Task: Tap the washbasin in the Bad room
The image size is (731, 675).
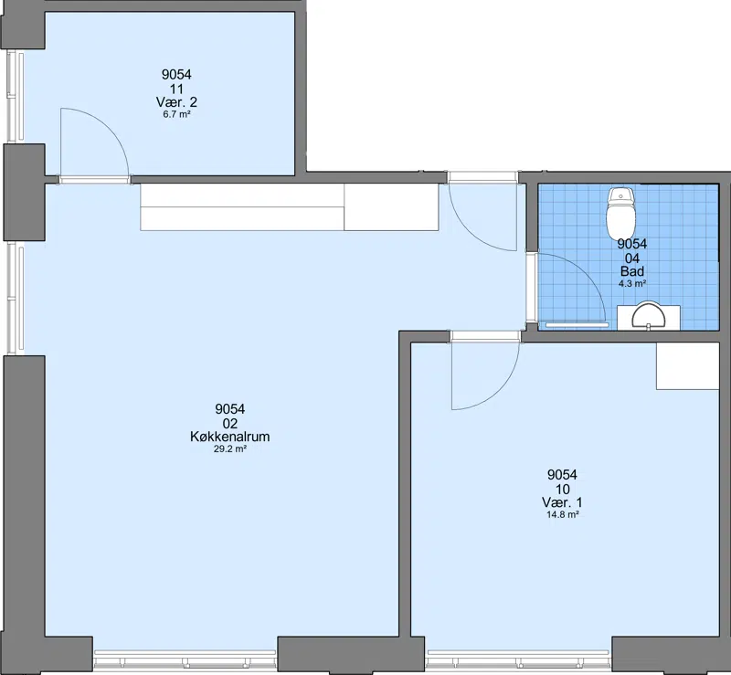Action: pyautogui.click(x=649, y=317)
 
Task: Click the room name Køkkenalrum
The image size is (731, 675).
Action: pyautogui.click(x=230, y=437)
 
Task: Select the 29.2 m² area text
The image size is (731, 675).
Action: pyautogui.click(x=230, y=449)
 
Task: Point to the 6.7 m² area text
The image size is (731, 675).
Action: pyautogui.click(x=176, y=114)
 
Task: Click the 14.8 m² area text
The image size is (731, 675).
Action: pyautogui.click(x=562, y=515)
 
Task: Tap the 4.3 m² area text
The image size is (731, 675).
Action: pyautogui.click(x=631, y=283)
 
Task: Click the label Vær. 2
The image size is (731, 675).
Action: pyautogui.click(x=176, y=102)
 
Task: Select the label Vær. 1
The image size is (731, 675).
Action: pyautogui.click(x=562, y=502)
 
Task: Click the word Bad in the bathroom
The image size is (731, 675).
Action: pyautogui.click(x=631, y=271)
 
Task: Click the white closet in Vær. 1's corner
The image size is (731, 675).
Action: pyautogui.click(x=688, y=366)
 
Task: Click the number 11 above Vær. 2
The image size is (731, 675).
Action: pyautogui.click(x=176, y=89)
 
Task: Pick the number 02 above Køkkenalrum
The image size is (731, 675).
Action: pyautogui.click(x=230, y=423)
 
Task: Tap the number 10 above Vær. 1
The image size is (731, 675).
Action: pyautogui.click(x=562, y=489)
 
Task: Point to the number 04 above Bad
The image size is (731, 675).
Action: pyautogui.click(x=631, y=258)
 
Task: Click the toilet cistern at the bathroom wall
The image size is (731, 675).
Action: pyautogui.click(x=621, y=195)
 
